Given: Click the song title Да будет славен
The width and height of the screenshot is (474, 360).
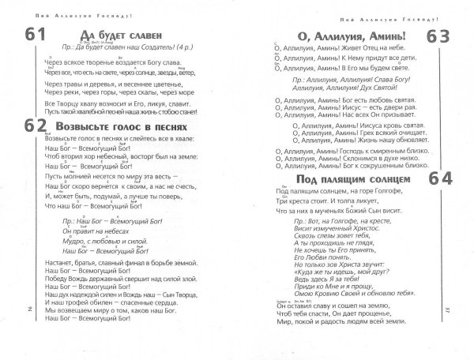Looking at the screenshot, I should [x=120, y=34].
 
